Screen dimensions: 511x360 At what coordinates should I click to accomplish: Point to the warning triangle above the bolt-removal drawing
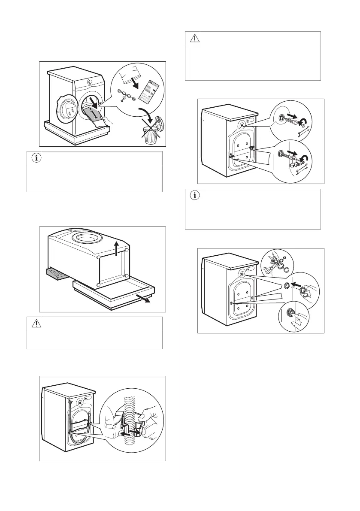[x=195, y=39]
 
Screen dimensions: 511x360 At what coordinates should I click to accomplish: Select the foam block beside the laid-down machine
[x=54, y=274]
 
